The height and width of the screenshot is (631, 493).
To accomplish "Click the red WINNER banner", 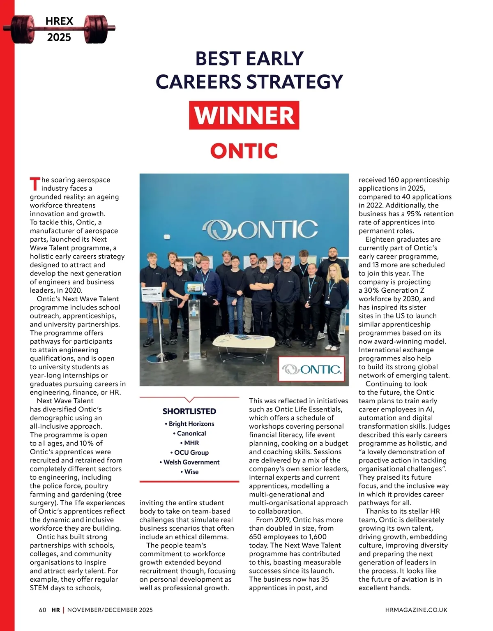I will point(244,115).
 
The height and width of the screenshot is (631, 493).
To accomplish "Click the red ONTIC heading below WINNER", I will point(244,151).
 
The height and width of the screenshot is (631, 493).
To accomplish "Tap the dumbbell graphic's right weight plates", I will point(96,29).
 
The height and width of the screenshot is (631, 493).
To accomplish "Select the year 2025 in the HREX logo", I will point(59,37).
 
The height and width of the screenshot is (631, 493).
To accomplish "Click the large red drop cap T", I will point(35,184).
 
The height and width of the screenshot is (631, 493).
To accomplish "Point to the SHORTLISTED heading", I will point(189,411).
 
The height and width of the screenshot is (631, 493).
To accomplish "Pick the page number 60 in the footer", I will point(43,610).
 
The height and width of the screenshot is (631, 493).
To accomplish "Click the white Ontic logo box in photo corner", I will point(311,369).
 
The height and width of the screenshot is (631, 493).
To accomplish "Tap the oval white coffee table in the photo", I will point(244,341).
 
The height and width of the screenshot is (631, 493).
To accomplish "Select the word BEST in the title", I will point(218,59).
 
